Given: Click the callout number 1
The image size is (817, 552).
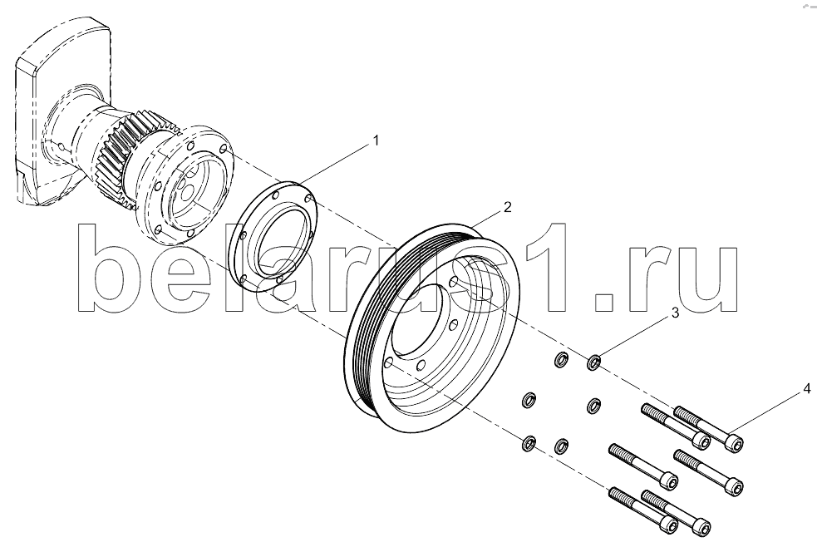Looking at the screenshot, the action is [x=375, y=140].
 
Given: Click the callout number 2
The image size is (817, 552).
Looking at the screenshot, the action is [x=508, y=207].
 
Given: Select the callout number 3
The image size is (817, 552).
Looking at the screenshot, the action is [x=675, y=313].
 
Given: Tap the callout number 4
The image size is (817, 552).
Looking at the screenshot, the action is [x=806, y=388].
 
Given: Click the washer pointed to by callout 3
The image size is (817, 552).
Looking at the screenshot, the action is [x=594, y=362].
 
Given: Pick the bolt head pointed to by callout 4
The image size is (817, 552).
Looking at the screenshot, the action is [x=734, y=443].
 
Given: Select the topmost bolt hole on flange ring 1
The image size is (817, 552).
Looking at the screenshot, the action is [x=276, y=195].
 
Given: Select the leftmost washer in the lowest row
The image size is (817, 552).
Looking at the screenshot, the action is [x=529, y=443].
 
